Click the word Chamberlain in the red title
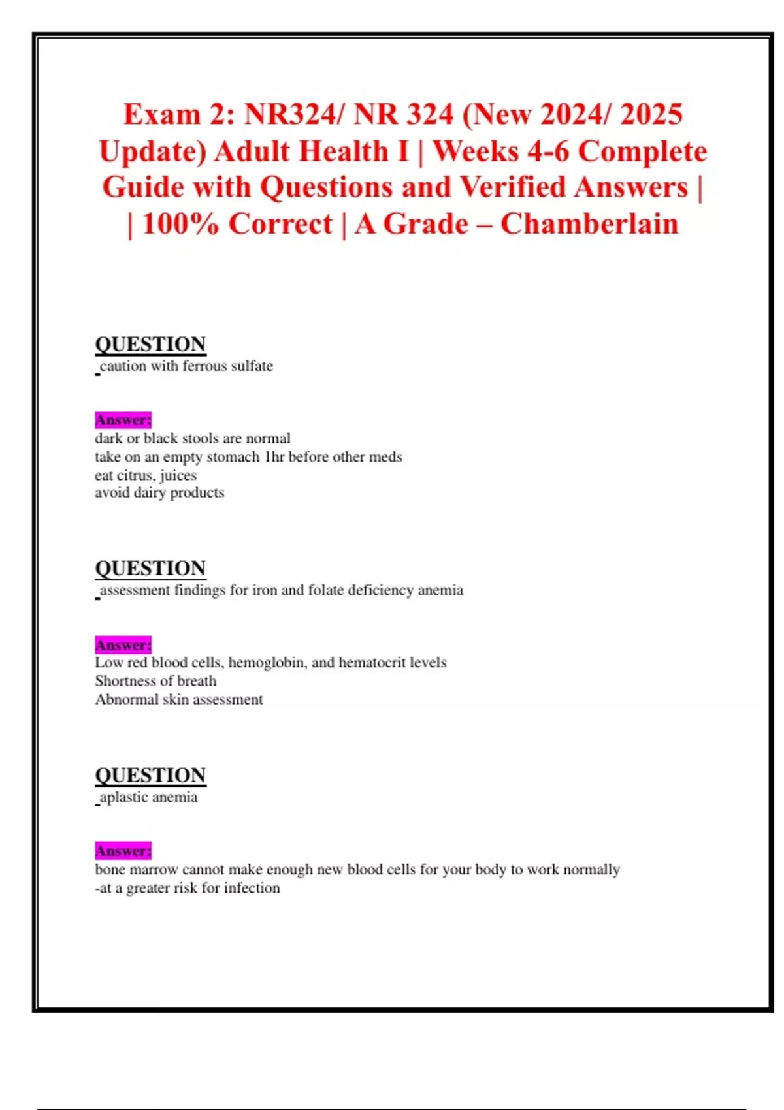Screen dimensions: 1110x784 pos(589,224)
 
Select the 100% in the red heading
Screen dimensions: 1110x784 pos(180,224)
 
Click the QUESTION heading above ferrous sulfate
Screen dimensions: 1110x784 pos(150,344)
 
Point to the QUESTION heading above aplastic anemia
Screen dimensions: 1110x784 pos(150,775)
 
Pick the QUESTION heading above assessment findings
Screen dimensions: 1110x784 pos(150,568)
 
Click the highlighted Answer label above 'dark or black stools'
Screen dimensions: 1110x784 pos(123,420)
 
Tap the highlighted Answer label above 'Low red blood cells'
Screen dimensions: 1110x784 pos(123,645)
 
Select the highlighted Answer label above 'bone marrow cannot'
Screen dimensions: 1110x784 pos(123,851)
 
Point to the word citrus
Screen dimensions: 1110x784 pos(136,475)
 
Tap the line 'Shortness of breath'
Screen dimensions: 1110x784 pos(155,681)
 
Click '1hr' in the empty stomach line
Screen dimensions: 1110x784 pos(274,457)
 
